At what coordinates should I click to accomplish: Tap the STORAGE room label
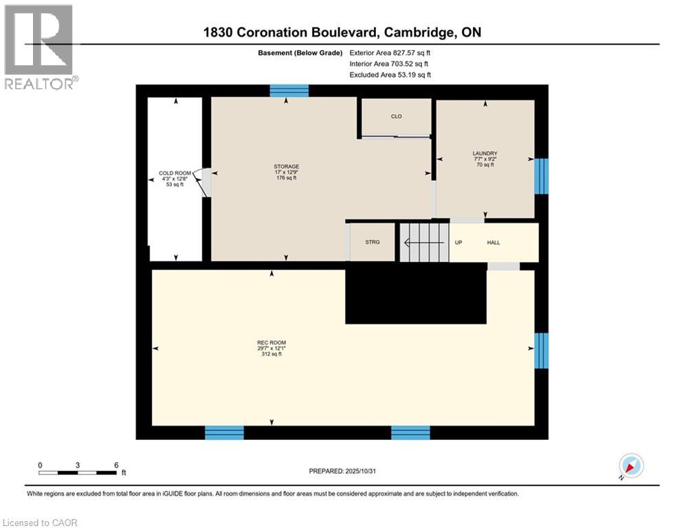[x=286, y=166]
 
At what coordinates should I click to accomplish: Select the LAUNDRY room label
[x=485, y=153]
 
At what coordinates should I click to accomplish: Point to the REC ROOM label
[x=272, y=342]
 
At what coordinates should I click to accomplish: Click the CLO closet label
[x=396, y=116]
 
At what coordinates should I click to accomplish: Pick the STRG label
[x=372, y=242]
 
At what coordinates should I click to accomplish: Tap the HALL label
[x=494, y=243]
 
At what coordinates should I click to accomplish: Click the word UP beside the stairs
[x=459, y=243]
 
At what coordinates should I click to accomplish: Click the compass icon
[x=630, y=465]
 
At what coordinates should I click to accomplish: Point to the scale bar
[x=78, y=472]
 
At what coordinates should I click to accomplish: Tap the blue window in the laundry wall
[x=542, y=176]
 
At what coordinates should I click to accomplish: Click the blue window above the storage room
[x=289, y=90]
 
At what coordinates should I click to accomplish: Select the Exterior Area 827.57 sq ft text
[x=390, y=53]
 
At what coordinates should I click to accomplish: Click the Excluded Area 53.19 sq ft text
[x=390, y=75]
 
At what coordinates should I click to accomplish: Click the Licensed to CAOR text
[x=41, y=522]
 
